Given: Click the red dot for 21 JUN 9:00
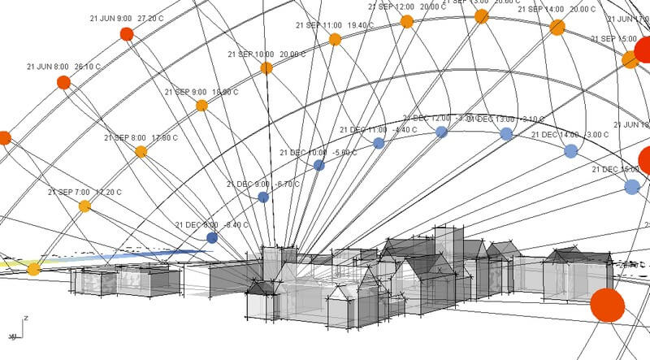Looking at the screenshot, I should click(x=126, y=33).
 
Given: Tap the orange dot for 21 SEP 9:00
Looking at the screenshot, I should click(x=201, y=105).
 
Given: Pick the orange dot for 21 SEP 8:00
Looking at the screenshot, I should click(x=141, y=151).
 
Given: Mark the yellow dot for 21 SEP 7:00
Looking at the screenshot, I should click(x=84, y=206).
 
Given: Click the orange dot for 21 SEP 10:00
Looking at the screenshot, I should click(x=266, y=67).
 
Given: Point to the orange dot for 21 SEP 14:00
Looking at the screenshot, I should click(x=557, y=28).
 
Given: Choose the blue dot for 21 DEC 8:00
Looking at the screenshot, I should click(x=212, y=238).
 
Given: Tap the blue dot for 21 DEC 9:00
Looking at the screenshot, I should click(x=263, y=197).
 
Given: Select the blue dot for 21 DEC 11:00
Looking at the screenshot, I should click(x=378, y=143).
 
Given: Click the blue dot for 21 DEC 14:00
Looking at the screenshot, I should click(x=571, y=150).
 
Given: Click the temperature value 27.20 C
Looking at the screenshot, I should click(x=150, y=18).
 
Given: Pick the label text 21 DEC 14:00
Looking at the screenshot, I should click(x=557, y=135).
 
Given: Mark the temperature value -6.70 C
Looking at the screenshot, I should click(x=284, y=184).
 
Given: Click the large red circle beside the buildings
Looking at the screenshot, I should click(x=606, y=305).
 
